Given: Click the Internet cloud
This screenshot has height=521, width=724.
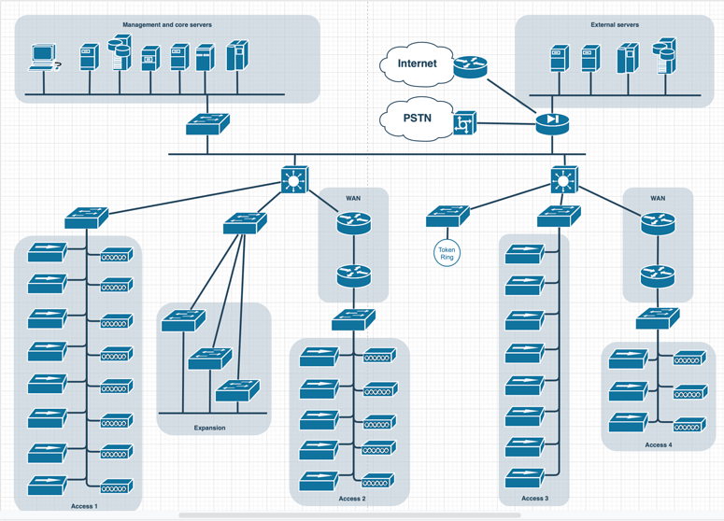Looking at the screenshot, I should point(417,64).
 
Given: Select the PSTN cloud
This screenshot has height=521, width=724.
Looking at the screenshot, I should point(417,120).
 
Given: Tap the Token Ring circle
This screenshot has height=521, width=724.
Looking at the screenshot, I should point(447,252).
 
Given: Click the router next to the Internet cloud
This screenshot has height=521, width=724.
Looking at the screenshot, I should point(470,66).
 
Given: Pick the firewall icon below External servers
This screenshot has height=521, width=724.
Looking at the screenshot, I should point(552,120).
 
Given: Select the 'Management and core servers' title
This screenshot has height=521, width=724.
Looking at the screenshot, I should point(167,25).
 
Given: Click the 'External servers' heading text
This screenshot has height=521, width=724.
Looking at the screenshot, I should point(615,25).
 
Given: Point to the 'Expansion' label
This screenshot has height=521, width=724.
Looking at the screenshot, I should point(209,428).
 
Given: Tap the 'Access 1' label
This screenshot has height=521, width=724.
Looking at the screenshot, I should point(83,505).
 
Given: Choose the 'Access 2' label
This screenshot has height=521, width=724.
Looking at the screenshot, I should point(351,499).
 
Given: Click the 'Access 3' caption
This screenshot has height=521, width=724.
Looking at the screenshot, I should point(534,499).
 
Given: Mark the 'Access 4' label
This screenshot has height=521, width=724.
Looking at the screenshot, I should point(658,444).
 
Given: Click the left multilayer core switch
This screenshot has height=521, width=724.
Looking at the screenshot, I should point(295,179).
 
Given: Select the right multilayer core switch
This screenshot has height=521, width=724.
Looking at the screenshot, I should point(563,179).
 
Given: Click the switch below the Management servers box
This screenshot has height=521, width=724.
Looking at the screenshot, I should point(207,124).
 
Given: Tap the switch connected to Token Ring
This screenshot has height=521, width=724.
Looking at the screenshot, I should point(447,217).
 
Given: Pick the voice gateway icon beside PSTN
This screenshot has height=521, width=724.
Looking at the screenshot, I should point(464,122).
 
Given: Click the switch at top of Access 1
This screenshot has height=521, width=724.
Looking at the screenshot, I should point(86,218).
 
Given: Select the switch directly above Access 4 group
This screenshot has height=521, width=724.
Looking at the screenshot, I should point(658,319).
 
